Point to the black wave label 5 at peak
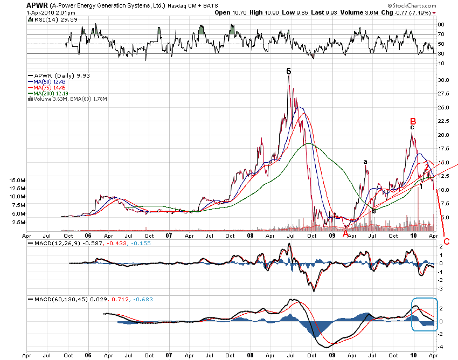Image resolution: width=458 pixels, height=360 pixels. (x=289, y=71)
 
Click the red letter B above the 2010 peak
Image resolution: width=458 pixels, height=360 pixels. (x=413, y=120)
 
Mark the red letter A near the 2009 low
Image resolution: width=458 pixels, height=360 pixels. (x=345, y=233)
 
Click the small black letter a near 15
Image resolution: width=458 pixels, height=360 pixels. (x=365, y=162)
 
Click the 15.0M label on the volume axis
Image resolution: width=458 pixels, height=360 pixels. (x=17, y=180)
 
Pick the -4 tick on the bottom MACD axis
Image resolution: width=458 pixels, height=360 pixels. (x=441, y=347)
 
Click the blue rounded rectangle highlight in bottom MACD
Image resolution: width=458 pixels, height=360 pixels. (x=424, y=314)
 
